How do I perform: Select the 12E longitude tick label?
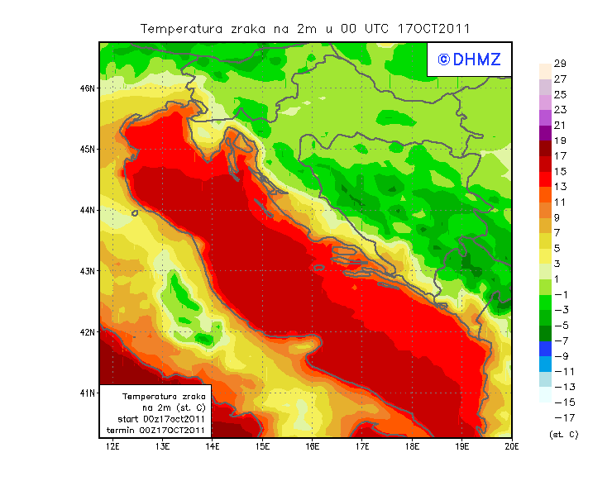tap(112, 446)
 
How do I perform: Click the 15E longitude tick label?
tap(262, 446)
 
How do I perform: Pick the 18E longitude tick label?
tap(412, 446)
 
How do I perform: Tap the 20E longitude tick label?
tap(512, 446)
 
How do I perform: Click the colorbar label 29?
tap(559, 64)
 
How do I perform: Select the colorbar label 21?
tap(559, 125)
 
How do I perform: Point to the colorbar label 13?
tap(559, 186)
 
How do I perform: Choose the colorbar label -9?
tap(559, 355)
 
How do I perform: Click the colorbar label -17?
tap(559, 417)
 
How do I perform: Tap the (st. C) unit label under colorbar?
tap(563, 435)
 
